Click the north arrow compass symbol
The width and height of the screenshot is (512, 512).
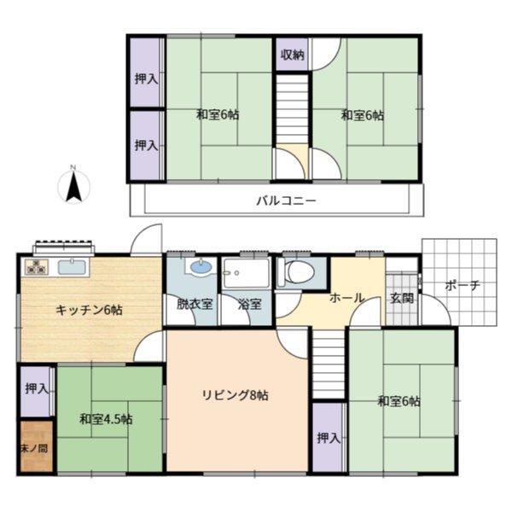point(73,185)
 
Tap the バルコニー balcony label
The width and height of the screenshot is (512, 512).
point(286,201)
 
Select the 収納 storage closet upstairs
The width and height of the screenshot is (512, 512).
point(292,55)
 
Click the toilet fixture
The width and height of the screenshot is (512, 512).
point(295,273)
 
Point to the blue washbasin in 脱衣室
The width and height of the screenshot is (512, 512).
point(201,267)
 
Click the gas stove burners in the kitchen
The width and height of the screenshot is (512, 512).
point(37,266)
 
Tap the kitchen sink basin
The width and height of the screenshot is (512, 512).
point(72,267)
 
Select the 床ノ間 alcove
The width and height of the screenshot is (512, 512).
point(36,446)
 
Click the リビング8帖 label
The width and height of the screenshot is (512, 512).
point(236,395)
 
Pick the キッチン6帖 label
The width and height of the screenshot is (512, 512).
point(89,310)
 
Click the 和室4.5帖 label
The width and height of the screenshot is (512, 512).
point(106,419)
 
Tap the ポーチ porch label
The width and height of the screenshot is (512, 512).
point(463,286)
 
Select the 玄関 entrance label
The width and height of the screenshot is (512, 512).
point(402,298)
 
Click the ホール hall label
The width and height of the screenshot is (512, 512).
point(346,298)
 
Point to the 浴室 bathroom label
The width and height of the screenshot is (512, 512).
point(250,304)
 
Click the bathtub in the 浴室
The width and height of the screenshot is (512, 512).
point(247,273)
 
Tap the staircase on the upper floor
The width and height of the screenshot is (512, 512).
point(292,109)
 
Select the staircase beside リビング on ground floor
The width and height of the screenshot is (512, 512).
point(329,364)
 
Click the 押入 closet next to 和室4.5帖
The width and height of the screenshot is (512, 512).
point(36,392)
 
